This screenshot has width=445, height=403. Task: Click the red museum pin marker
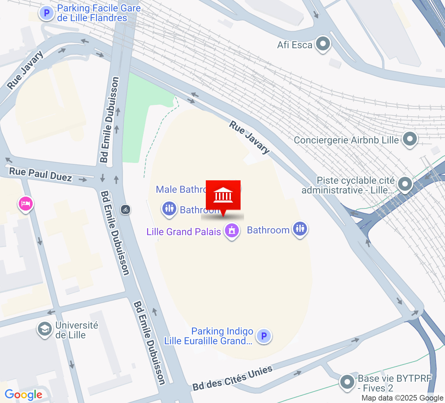coord(223,196)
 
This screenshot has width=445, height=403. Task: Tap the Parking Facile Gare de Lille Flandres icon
coord(46,14)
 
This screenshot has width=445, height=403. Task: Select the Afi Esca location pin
coord(323,44)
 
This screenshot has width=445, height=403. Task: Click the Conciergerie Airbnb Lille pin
coord(410,139)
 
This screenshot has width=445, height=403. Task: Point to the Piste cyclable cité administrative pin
coord(405,184)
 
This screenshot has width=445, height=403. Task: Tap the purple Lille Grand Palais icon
coord(232,230)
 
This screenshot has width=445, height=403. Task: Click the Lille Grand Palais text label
coord(184,232)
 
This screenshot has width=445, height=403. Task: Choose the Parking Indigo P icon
coord(264,336)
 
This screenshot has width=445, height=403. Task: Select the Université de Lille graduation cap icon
coord(45,329)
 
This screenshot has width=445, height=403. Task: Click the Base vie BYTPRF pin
coord(347,382)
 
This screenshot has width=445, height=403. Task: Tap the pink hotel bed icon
coord(25,204)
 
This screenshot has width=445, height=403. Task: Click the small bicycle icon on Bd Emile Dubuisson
coord(126,209)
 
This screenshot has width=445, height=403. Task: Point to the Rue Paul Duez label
coord(40,174)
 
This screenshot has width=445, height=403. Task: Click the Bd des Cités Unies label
coord(232,378)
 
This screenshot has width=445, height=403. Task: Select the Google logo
coord(23,395)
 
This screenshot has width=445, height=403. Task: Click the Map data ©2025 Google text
coord(402,398)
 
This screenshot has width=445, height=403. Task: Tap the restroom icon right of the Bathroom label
coord(300,229)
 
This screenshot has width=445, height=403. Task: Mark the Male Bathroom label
coord(181,189)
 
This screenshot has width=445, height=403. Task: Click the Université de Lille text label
coord(77,330)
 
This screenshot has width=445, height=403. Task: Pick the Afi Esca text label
coord(294,45)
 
